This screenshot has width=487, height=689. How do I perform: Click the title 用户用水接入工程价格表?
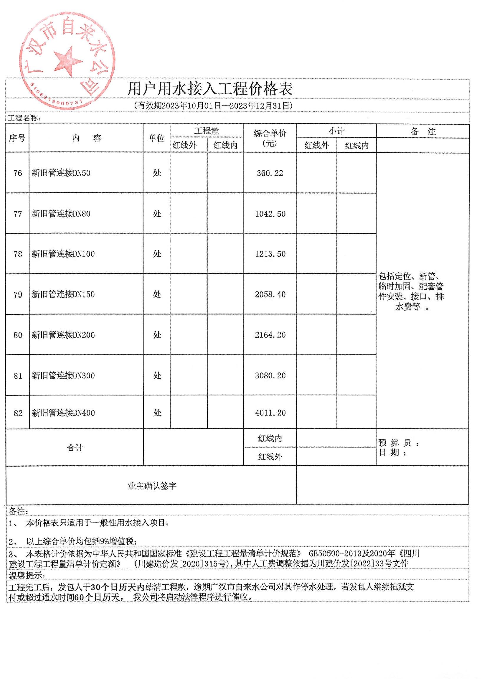pyautogui.click(x=210, y=89)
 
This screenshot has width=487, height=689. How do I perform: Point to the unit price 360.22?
pyautogui.click(x=270, y=173)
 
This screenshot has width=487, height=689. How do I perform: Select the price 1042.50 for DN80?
pyautogui.click(x=270, y=214)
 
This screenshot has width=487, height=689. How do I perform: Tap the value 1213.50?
pyautogui.click(x=270, y=254)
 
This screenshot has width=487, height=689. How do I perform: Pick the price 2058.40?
pyautogui.click(x=270, y=294)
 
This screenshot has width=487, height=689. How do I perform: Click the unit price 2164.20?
pyautogui.click(x=270, y=335)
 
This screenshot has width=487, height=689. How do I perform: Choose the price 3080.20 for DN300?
pyautogui.click(x=270, y=375)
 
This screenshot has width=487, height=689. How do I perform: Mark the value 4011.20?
pyautogui.click(x=270, y=413)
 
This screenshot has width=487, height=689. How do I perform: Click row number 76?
pyautogui.click(x=18, y=173)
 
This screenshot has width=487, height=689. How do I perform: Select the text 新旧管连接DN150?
pyautogui.click(x=63, y=294)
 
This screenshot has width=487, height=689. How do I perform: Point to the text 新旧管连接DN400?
pyautogui.click(x=63, y=413)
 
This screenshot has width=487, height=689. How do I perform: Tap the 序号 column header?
pyautogui.click(x=17, y=138)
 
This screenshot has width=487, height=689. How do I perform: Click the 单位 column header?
pyautogui.click(x=157, y=138)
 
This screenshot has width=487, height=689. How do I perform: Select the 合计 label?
pyautogui.click(x=75, y=448)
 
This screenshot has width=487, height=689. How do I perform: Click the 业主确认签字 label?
pyautogui.click(x=152, y=486)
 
